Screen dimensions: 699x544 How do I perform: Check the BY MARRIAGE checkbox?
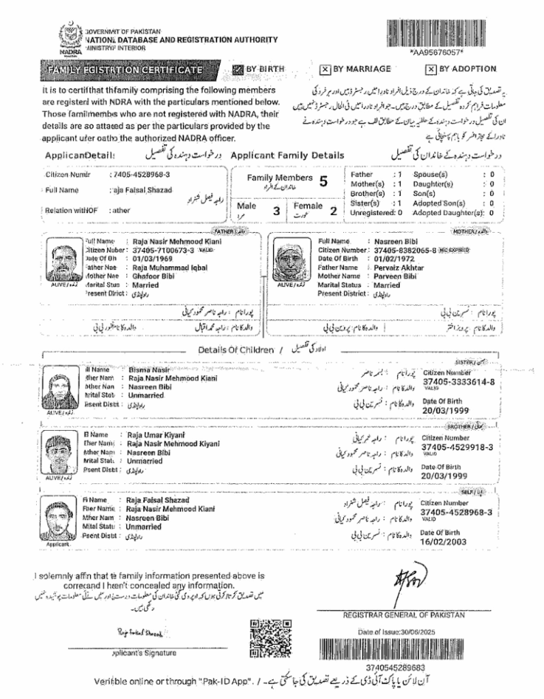pos(326,69)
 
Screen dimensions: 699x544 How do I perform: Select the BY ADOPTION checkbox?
pos(431,69)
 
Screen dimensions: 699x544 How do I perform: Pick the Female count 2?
pos(333,211)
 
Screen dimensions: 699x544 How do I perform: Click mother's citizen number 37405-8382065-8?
pos(404,250)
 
